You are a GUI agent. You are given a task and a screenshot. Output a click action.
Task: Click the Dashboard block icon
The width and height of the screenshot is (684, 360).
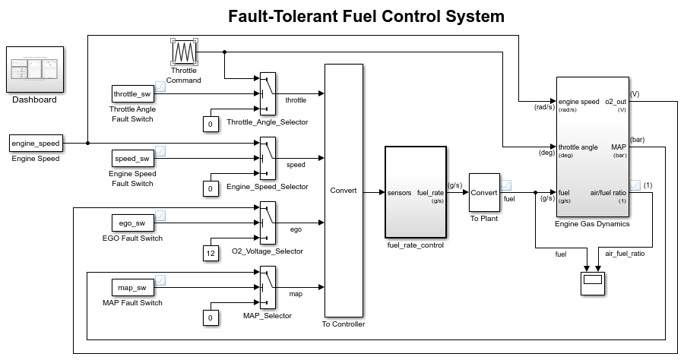pos(35,69)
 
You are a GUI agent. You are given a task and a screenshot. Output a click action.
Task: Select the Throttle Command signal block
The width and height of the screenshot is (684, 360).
pos(184,53)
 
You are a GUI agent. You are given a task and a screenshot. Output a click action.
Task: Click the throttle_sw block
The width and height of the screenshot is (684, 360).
pos(132,93)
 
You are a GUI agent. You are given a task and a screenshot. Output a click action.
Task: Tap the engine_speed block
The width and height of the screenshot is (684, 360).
pos(35,143)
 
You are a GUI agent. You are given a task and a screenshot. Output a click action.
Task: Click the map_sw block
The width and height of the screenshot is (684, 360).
pos(132,287)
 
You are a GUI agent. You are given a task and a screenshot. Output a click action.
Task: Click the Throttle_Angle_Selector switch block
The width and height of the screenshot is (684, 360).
pos(267,94)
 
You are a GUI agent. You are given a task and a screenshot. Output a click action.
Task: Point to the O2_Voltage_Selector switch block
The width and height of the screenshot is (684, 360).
pos(267,223)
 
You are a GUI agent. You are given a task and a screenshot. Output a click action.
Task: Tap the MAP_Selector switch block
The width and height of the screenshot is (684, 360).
pos(267,288)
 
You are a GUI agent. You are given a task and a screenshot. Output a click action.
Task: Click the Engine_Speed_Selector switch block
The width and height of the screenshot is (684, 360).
pos(267,159)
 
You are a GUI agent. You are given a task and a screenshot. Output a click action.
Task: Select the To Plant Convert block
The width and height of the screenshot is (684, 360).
pos(483,193)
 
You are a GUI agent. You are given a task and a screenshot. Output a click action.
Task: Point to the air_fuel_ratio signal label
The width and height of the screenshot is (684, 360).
pos(624,254)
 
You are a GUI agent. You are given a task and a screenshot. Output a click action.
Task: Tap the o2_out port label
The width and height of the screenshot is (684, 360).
pos(615,101)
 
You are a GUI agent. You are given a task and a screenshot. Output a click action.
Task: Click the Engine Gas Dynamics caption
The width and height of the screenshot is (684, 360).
pos(593,224)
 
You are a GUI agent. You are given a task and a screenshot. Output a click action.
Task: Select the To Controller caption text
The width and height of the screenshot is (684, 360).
pos(344,324)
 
